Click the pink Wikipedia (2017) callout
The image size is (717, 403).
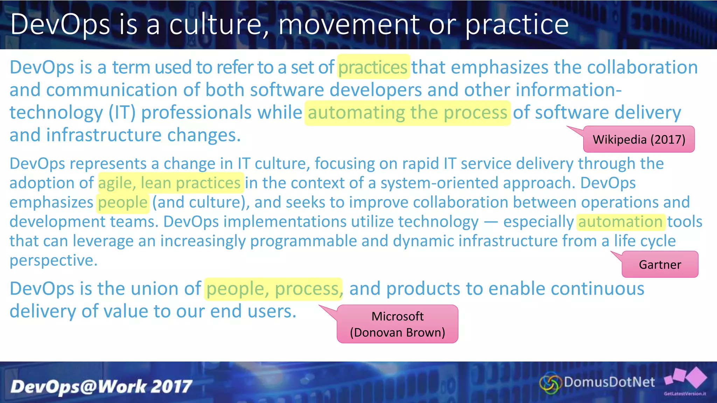click(x=639, y=139)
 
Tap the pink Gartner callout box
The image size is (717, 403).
click(x=660, y=264)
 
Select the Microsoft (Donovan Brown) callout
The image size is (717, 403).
click(x=397, y=324)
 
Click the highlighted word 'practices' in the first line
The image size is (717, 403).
click(x=373, y=67)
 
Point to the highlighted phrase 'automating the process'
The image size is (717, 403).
click(x=407, y=113)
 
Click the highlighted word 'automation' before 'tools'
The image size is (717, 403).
click(x=620, y=222)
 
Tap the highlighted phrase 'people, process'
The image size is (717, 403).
click(x=273, y=289)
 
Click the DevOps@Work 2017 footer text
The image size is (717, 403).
click(x=101, y=387)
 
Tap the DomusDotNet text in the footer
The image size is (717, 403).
click(x=609, y=382)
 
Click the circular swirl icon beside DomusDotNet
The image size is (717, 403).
click(x=550, y=383)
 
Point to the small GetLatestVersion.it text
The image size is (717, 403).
click(x=685, y=394)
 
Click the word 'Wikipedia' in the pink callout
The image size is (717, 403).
click(x=619, y=140)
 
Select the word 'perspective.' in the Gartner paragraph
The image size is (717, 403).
click(x=54, y=260)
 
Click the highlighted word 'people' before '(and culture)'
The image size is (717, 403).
click(x=123, y=203)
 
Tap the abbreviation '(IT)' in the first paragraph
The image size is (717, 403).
click(x=122, y=113)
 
